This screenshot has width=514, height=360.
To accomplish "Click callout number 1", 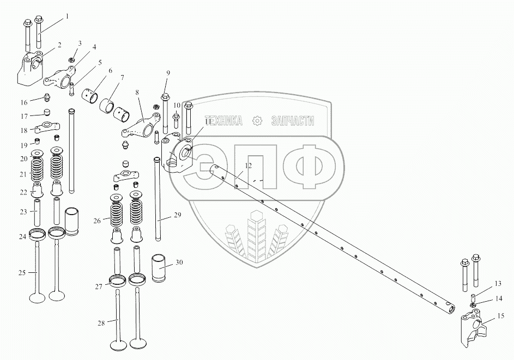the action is [x=68, y=16].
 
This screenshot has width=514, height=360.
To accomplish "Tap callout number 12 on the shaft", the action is [x=248, y=165].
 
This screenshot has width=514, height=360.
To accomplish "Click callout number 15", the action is [x=501, y=315].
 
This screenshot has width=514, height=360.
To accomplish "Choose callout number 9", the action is [x=168, y=73].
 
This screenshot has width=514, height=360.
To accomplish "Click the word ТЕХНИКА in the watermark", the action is [x=223, y=121].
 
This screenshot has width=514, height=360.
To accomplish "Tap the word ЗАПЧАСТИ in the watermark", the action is [x=292, y=121].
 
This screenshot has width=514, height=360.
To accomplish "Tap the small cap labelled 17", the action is [x=46, y=113].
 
